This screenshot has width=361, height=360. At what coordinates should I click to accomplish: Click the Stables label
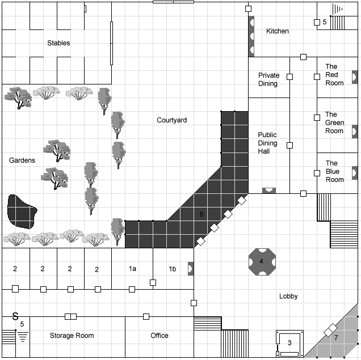[58, 43]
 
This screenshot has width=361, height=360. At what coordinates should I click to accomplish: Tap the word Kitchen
[278, 31]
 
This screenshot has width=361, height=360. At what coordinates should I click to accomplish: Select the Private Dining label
[268, 79]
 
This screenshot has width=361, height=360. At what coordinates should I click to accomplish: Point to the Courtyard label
[172, 120]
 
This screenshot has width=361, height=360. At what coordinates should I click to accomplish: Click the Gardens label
[22, 160]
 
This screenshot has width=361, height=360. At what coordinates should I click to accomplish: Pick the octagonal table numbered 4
[261, 261]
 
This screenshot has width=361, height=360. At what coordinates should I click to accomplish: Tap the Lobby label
[288, 296]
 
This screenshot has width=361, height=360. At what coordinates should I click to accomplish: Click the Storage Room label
[72, 336]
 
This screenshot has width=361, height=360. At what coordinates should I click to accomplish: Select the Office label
[159, 336]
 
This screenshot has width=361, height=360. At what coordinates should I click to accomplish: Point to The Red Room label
[334, 75]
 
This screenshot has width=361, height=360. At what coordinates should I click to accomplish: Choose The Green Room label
[334, 122]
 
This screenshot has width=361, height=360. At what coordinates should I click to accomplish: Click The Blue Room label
[335, 171]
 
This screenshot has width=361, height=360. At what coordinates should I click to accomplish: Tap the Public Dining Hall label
[267, 143]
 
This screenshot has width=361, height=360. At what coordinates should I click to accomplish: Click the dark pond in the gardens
[21, 212]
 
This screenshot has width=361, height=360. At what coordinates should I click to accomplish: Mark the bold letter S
[15, 316]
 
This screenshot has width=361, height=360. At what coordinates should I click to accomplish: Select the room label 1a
[132, 269]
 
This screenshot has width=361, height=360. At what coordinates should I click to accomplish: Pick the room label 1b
[172, 269]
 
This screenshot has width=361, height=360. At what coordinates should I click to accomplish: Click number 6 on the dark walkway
[201, 214]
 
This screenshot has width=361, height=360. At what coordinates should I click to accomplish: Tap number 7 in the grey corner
[335, 338]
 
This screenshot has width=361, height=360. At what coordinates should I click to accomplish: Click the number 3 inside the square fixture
[289, 342]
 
